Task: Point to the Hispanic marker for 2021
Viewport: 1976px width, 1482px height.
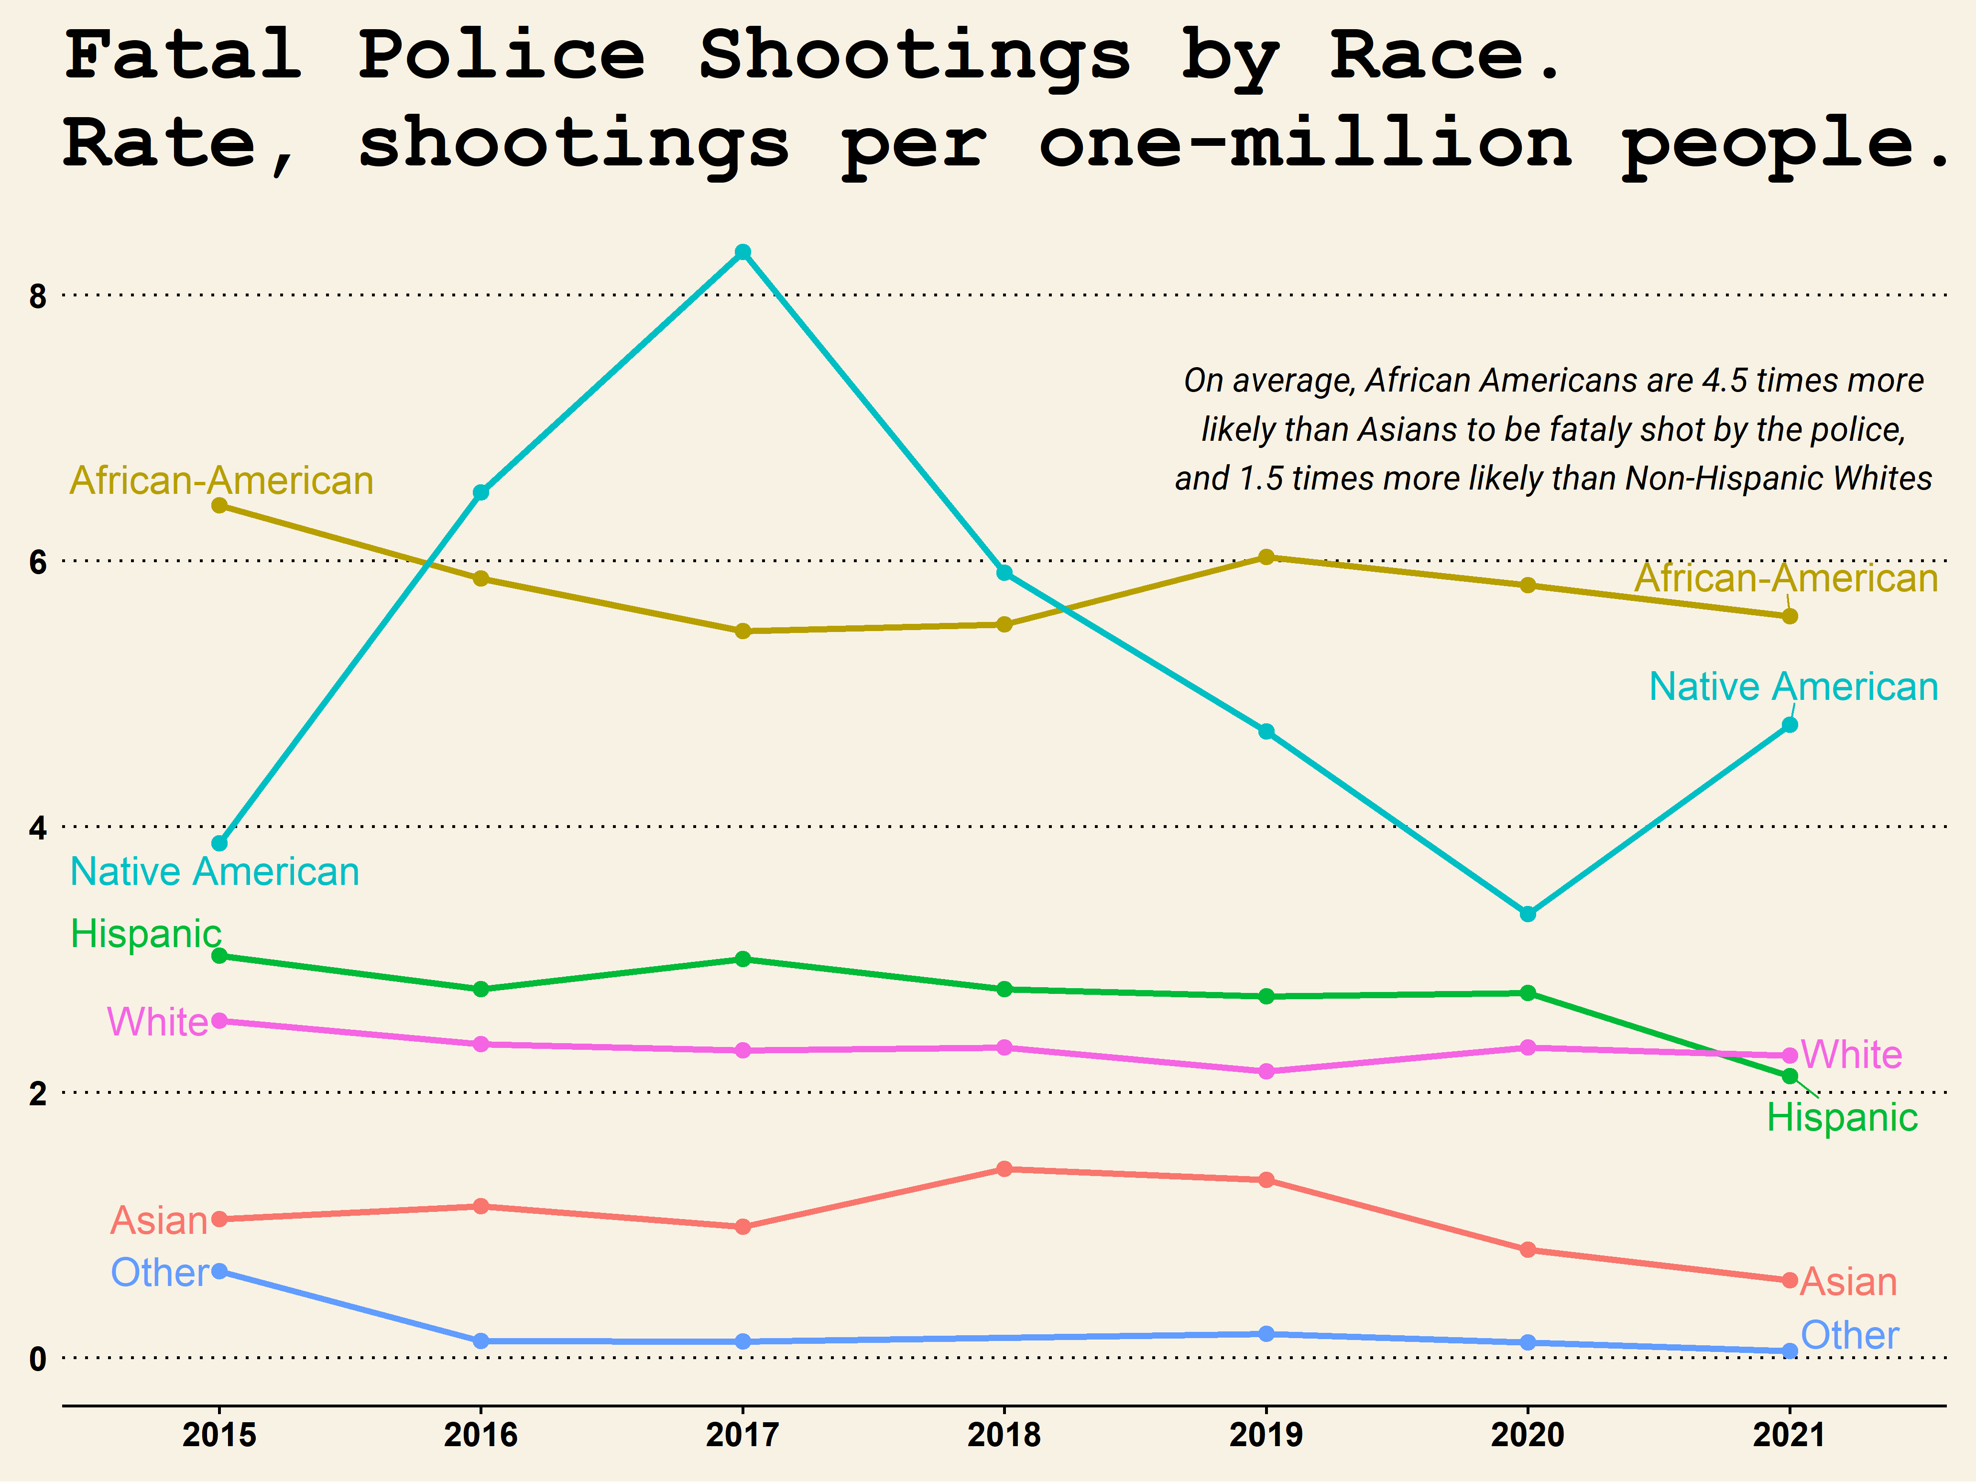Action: point(1789,1077)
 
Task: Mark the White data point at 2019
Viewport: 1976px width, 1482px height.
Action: point(1266,1071)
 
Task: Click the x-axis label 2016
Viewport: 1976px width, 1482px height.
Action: point(480,1436)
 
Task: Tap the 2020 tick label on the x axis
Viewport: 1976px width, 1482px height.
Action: point(1528,1436)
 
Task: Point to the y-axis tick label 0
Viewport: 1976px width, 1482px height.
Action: point(37,1359)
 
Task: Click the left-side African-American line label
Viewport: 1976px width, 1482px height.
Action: point(221,480)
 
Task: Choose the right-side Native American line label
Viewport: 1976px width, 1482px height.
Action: point(1793,687)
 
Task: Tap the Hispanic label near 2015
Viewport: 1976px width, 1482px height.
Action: point(146,935)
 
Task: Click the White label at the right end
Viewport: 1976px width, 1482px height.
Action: point(1851,1055)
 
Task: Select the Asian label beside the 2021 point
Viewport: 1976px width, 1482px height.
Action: point(1847,1282)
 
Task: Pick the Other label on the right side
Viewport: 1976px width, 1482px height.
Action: point(1849,1336)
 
